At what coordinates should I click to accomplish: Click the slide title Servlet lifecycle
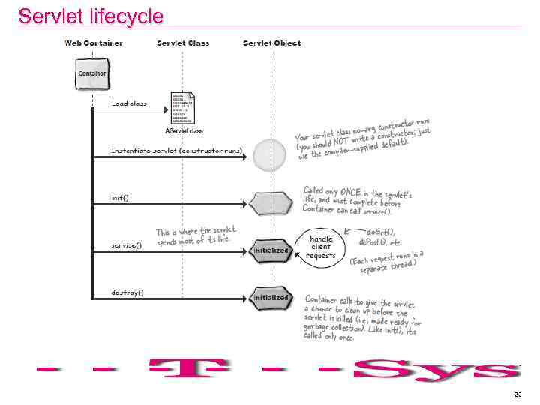90,16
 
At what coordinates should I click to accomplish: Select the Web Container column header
94,43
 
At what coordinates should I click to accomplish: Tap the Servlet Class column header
183,43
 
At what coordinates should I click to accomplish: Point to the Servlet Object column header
271,43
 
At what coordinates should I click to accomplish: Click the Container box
92,73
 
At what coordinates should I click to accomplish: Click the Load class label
129,103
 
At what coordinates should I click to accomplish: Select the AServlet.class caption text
184,131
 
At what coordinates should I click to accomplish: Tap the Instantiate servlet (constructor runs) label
176,151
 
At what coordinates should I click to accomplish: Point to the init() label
120,198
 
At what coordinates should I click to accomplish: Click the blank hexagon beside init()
271,202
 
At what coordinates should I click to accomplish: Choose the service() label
127,245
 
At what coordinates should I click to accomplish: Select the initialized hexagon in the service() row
271,250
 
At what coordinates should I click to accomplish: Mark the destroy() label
127,292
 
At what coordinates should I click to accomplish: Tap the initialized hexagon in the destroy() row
271,297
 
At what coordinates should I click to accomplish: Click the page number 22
517,394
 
